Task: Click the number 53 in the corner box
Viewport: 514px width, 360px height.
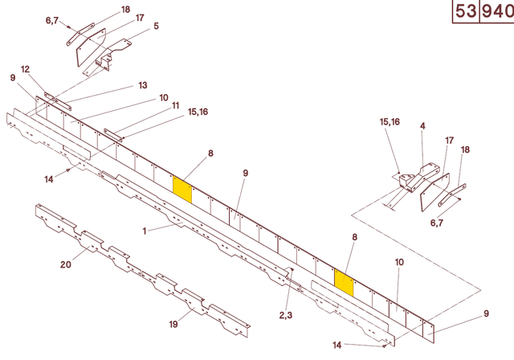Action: pyautogui.click(x=464, y=12)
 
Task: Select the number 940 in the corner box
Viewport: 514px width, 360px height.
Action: pyautogui.click(x=496, y=12)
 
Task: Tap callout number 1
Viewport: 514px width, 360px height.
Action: pyautogui.click(x=145, y=231)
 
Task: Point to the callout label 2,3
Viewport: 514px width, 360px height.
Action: pyautogui.click(x=285, y=315)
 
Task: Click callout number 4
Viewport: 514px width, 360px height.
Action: pyautogui.click(x=422, y=126)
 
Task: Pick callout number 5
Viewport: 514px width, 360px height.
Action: pyautogui.click(x=156, y=26)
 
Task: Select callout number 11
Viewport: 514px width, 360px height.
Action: pyautogui.click(x=175, y=104)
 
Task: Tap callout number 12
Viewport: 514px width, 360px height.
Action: pyautogui.click(x=25, y=69)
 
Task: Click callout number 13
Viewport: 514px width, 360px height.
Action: pyautogui.click(x=143, y=85)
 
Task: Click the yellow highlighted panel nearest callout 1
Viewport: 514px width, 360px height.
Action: pyautogui.click(x=183, y=190)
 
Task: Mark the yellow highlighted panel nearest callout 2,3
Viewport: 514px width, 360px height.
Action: pyautogui.click(x=344, y=283)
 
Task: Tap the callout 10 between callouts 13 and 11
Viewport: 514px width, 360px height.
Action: pyautogui.click(x=164, y=98)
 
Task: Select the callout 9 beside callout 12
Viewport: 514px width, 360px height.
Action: pyautogui.click(x=13, y=78)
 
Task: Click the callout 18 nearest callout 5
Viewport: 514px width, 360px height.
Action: pyautogui.click(x=125, y=9)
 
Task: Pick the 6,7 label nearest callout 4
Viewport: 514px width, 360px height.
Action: pyautogui.click(x=437, y=223)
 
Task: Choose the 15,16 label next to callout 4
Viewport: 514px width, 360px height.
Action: pyautogui.click(x=390, y=122)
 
